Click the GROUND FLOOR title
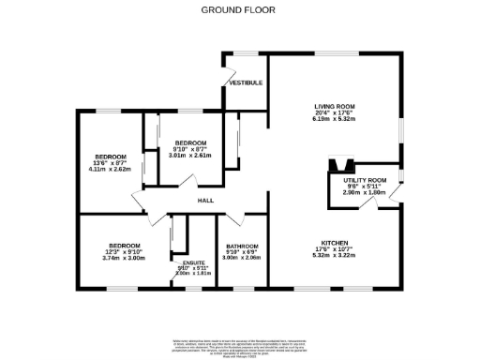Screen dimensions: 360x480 (239, 10)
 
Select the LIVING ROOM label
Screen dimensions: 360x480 (335, 107)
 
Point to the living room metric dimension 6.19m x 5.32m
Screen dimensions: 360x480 (335, 120)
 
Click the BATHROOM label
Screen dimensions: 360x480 (242, 246)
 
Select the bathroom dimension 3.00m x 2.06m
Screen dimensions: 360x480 (242, 257)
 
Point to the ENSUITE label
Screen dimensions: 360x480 (194, 262)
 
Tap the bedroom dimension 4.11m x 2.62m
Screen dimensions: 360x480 (110, 170)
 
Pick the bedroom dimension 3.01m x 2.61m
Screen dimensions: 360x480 (190, 156)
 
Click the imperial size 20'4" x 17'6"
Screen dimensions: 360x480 (335, 113)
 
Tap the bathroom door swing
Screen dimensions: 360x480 (232, 220)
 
